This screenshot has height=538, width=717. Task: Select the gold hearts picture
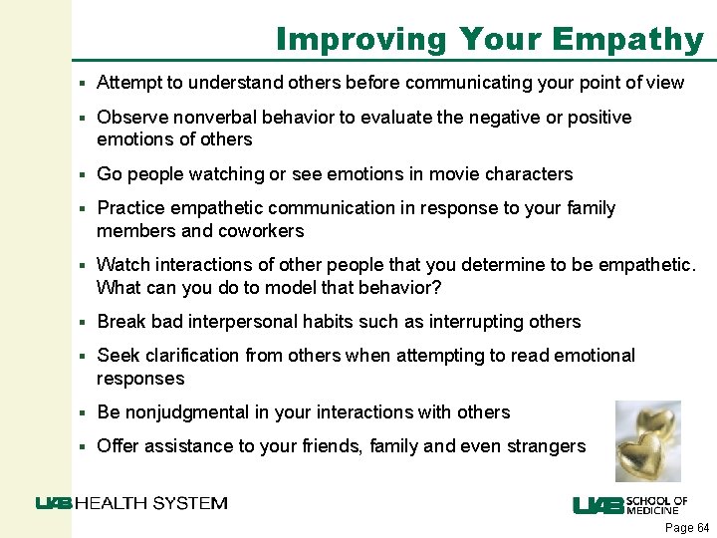(x=647, y=441)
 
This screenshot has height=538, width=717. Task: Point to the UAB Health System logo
(x=131, y=503)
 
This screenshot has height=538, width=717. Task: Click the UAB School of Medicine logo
(x=629, y=505)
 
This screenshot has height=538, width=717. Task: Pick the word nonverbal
(x=195, y=118)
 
